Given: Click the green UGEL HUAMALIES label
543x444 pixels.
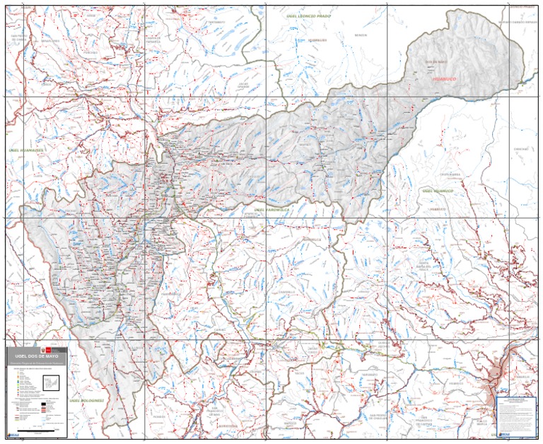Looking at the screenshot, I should coord(25,150).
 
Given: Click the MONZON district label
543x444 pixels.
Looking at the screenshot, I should coord(361,35).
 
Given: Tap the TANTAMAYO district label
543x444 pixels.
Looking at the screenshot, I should coord(216,22).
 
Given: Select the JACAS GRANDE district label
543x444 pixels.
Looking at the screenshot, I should coord(243,85).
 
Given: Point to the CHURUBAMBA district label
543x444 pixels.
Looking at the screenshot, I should coord(450,174).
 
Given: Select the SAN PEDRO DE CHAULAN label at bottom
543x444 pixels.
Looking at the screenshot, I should coord(380,416).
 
